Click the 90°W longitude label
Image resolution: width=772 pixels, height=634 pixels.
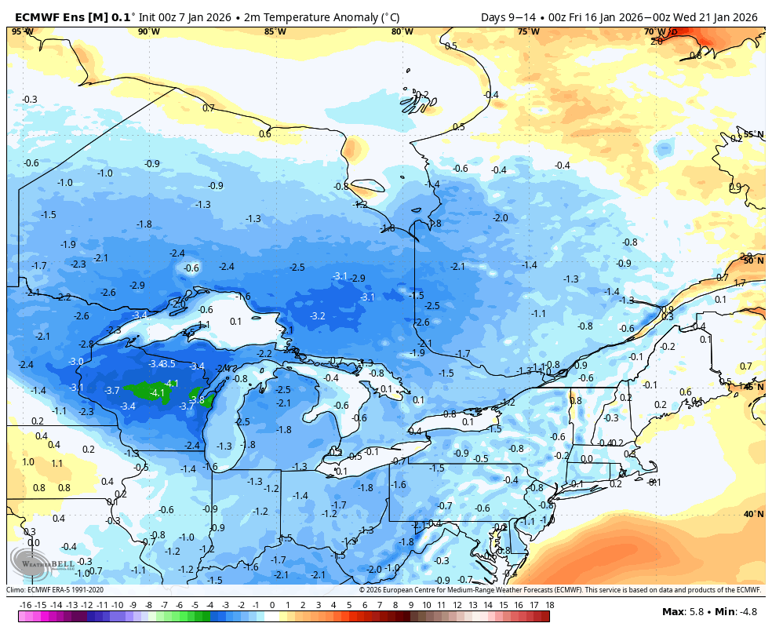148,31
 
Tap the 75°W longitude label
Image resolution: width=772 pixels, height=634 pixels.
529,31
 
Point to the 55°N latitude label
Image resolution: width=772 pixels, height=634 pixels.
753,134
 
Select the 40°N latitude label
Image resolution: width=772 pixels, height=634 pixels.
753,514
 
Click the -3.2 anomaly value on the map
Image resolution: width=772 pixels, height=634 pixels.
318,316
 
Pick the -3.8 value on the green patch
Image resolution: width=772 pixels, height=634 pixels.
197,399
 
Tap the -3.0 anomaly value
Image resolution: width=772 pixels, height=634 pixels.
76,361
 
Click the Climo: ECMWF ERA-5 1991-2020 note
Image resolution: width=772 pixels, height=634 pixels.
55,590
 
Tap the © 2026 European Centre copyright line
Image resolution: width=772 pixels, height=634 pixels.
559,590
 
